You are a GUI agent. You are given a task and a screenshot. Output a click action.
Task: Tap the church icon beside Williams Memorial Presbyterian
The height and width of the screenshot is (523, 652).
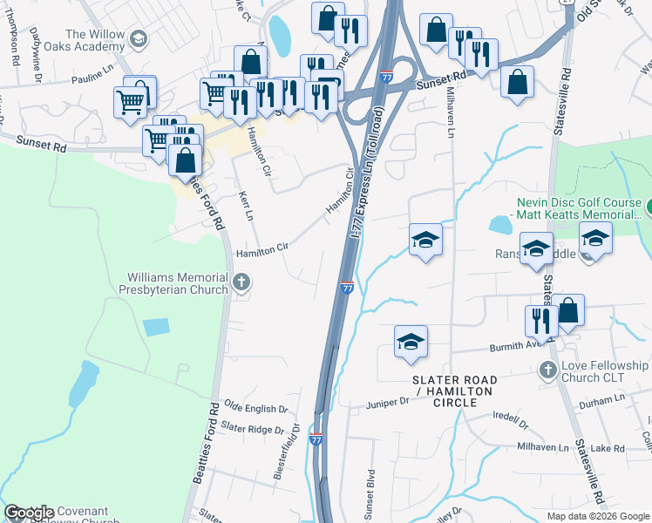click(242, 282)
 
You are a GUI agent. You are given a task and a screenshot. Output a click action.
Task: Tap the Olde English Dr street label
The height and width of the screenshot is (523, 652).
click(255, 408)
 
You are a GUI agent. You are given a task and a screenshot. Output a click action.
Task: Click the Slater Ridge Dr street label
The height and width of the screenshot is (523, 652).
click(253, 429)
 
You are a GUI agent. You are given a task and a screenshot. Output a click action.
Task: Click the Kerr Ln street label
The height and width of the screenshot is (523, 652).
click(245, 207)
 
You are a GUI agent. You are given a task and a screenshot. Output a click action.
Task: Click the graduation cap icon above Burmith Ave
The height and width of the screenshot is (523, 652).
click(411, 343)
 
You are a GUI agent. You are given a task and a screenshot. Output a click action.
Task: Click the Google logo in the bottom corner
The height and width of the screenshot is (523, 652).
click(29, 513)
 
